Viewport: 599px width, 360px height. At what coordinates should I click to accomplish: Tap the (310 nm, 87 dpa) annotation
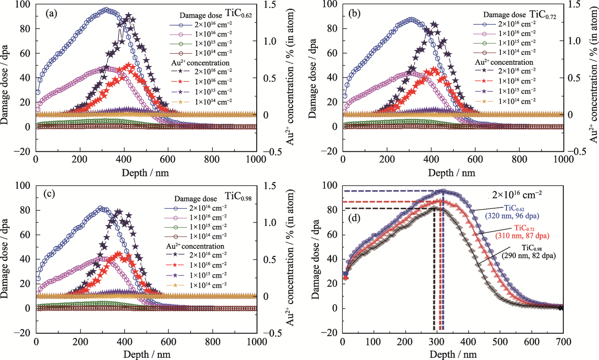(522, 236)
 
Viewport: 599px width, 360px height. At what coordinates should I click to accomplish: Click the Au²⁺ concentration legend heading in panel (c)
(195, 246)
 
